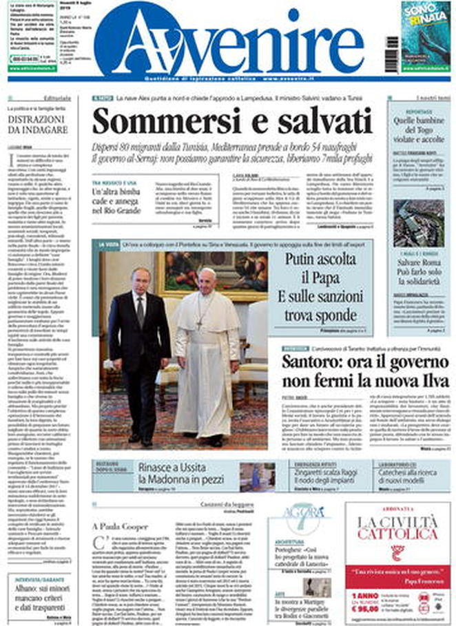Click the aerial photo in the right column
click(418, 223)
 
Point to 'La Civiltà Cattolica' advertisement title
click(397, 527)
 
